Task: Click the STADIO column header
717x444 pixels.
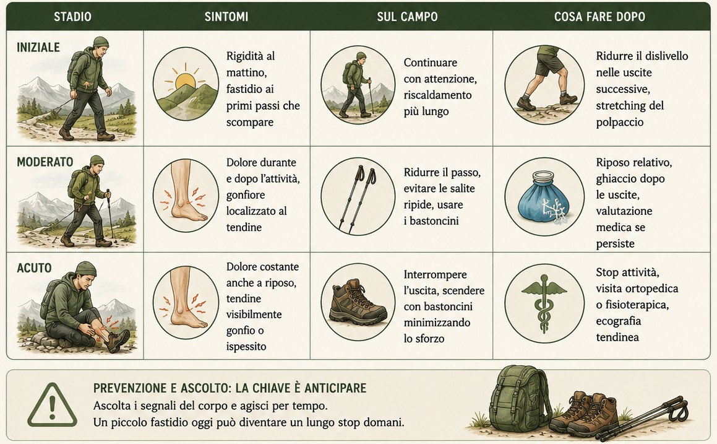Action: click(x=73, y=17)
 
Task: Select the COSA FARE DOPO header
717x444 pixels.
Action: click(x=599, y=17)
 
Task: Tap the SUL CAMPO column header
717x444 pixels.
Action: click(x=407, y=17)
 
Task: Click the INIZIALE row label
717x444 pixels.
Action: click(x=38, y=48)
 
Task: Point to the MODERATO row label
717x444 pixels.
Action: click(x=45, y=162)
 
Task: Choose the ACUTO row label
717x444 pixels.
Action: click(x=34, y=268)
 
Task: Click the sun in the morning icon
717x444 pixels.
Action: click(x=185, y=81)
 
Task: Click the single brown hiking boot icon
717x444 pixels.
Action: click(x=358, y=302)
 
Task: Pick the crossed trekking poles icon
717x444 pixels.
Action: click(x=358, y=198)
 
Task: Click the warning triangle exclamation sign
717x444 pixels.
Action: click(x=52, y=405)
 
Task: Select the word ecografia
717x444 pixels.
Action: click(x=618, y=321)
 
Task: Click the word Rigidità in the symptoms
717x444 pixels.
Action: click(x=245, y=56)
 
